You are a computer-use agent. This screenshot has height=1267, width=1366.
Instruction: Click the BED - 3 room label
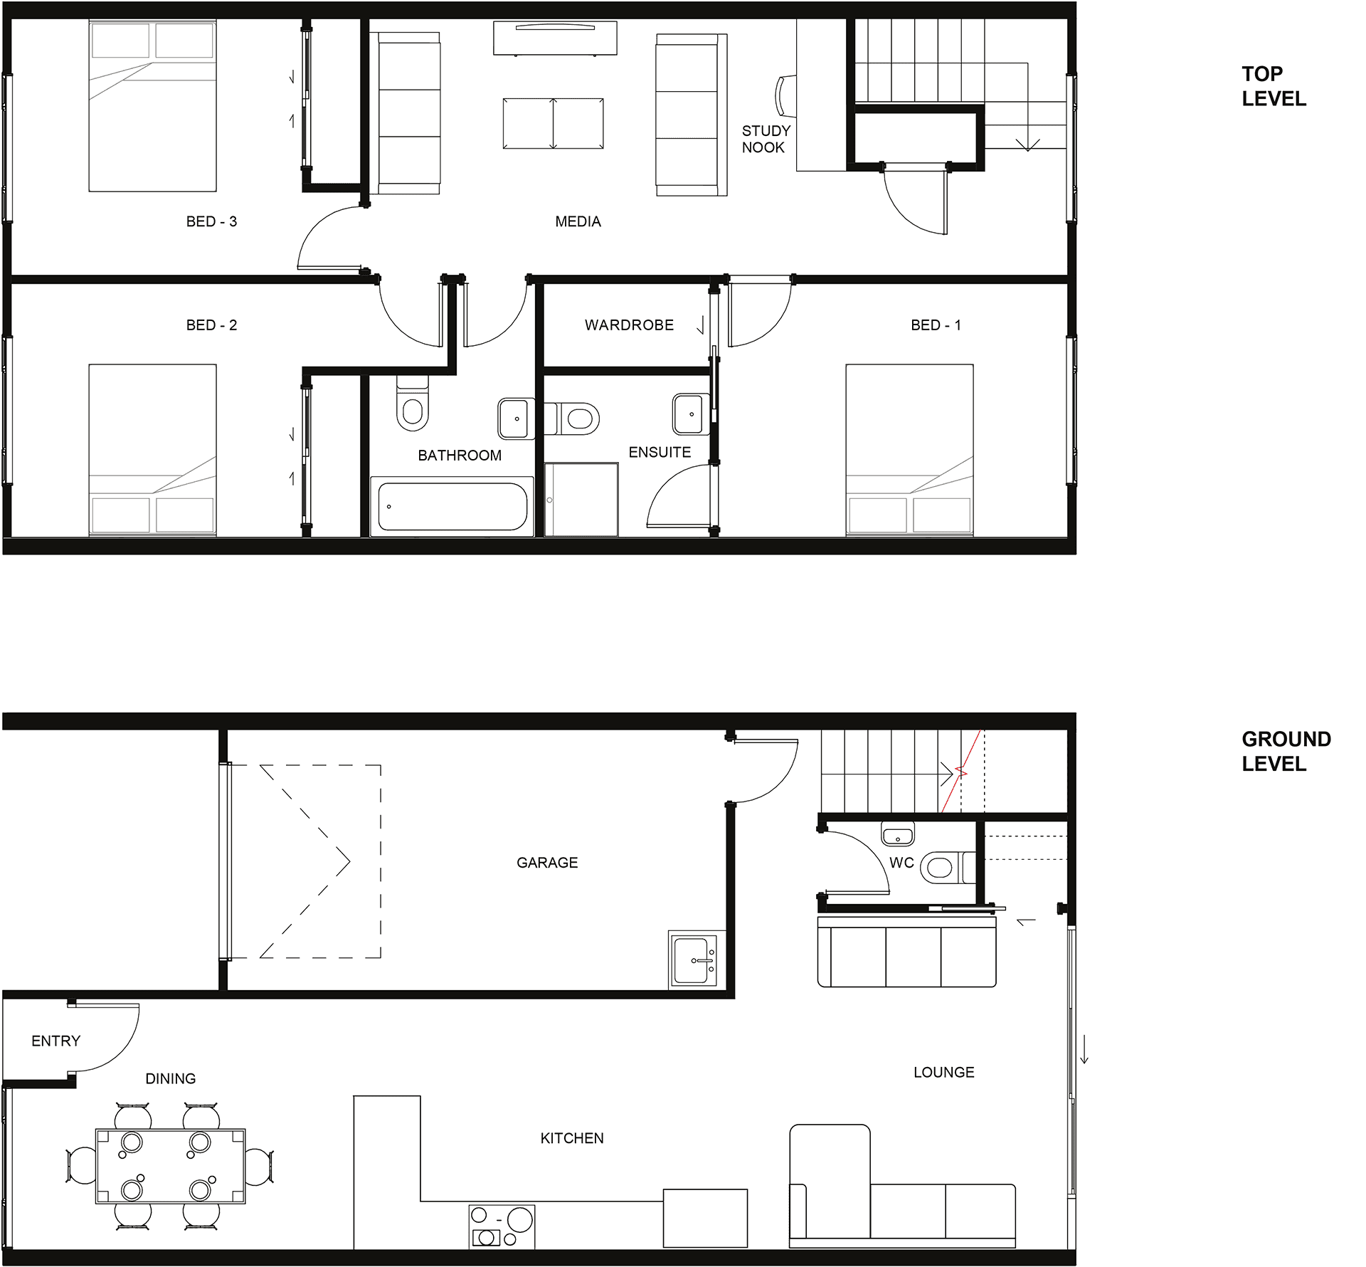pos(211,221)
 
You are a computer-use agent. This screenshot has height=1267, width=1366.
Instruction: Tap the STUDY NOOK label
pos(766,139)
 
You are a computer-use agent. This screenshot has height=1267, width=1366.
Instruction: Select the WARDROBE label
pos(629,325)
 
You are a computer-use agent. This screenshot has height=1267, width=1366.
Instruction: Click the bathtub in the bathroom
pos(452,506)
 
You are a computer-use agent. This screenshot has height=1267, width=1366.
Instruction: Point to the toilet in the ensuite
pos(572,419)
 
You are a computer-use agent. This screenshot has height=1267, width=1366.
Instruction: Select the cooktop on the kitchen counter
pos(502,1226)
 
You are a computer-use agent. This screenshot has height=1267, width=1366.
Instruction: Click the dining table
pos(171,1166)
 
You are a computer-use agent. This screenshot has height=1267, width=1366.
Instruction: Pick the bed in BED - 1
pos(909,449)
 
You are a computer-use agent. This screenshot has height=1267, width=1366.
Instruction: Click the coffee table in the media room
pos(553,123)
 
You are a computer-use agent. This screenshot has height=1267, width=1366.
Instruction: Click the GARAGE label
pos(547,863)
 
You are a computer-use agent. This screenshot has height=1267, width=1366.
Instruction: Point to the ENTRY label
pos(56,1041)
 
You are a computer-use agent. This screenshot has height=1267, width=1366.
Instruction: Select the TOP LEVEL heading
pos(1274,86)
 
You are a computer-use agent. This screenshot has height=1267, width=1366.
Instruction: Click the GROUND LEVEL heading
pos(1286,751)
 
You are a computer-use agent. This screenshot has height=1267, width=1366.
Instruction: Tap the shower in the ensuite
pos(581,499)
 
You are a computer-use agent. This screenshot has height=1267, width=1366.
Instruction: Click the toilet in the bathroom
pos(413,404)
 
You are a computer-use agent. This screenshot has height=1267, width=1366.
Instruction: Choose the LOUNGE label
pos(943,1072)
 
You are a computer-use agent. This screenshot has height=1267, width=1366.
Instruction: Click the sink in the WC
pos(898,833)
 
